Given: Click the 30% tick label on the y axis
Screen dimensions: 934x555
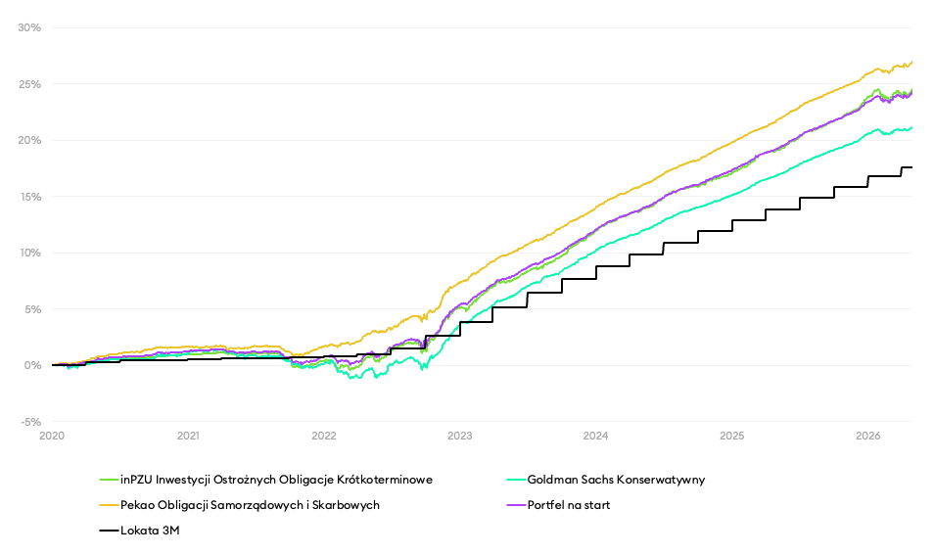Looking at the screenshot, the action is point(29,27).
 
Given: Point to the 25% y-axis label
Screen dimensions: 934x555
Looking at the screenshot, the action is point(29,84).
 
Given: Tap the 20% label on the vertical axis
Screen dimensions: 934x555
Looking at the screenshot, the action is point(29,140).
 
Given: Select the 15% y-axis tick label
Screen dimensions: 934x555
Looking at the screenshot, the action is point(29,197).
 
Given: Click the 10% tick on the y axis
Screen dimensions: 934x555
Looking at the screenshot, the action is point(29,253).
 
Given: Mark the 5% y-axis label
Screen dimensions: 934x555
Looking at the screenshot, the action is point(32,309).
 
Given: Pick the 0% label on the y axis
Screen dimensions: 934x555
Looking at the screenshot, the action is point(32,365).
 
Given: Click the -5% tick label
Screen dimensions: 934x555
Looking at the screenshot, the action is point(30,422).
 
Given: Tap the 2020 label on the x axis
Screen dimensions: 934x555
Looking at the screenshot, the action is point(52,436).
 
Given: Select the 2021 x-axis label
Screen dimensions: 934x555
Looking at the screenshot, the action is point(188,436).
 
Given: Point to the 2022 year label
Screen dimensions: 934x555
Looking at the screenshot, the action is point(324,436).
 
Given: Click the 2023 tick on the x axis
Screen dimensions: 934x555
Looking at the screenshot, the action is point(460,436).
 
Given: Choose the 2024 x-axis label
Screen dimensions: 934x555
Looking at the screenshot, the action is point(595,436).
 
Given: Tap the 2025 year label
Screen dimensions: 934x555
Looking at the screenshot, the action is point(732,436).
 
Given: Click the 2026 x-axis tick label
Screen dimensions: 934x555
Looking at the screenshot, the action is point(867,436).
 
